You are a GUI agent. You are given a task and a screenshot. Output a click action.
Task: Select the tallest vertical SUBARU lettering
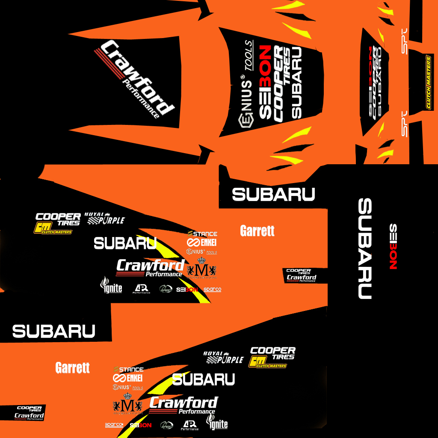pyautogui.click(x=365, y=249)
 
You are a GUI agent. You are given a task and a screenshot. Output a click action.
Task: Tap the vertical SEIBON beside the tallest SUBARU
pyautogui.click(x=393, y=246)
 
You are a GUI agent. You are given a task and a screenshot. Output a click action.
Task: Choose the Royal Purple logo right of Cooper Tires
pyautogui.click(x=105, y=218)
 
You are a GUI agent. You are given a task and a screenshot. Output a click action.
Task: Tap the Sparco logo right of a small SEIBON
pyautogui.click(x=212, y=289)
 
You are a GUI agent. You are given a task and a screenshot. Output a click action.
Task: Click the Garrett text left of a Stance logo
pyautogui.click(x=73, y=367)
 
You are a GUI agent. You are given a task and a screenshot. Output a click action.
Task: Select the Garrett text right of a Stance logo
pyautogui.click(x=257, y=231)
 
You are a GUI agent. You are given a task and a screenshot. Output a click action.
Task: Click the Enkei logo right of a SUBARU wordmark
pyautogui.click(x=202, y=243)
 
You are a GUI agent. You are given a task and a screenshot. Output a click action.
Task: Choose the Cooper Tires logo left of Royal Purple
pyautogui.click(x=58, y=219)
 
